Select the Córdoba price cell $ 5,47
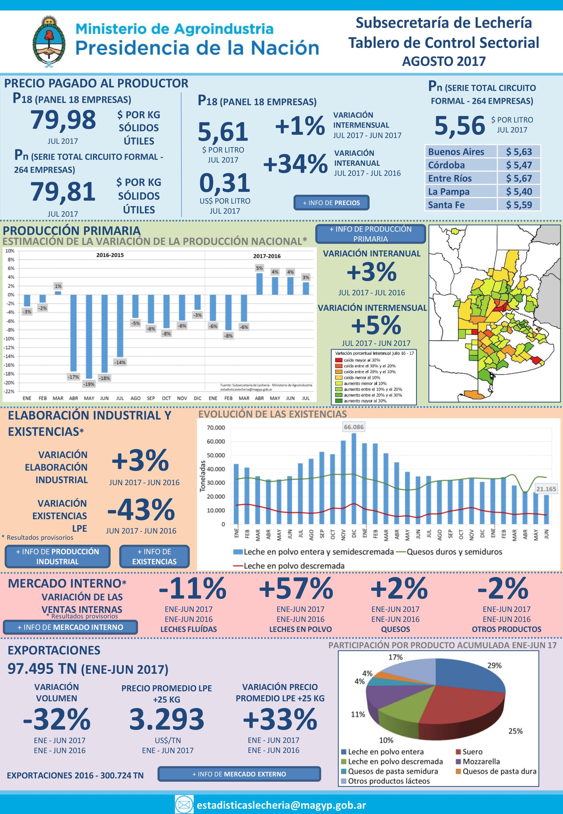pos(518,165)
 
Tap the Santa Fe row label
pos(446,205)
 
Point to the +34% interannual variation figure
pos(295,164)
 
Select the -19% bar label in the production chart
pos(89,384)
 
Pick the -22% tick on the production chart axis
pos(10,391)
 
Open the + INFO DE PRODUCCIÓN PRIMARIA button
pos(370,234)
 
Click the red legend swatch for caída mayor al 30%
pos(339,360)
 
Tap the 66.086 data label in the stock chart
pos(354,427)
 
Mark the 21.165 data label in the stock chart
pos(546,489)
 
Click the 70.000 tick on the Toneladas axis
pos(216,428)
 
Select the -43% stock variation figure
pos(141,509)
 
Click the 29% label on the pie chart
pos(494,665)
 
